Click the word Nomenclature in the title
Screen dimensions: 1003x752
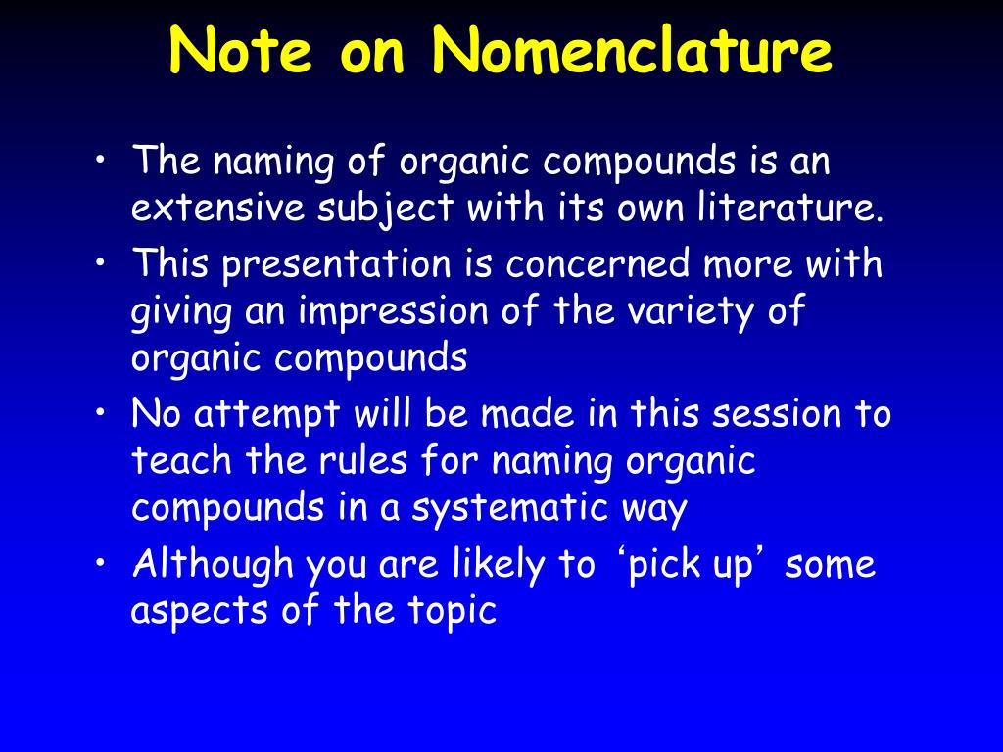(x=632, y=51)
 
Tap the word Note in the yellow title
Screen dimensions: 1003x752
(x=241, y=51)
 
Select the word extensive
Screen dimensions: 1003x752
(x=217, y=208)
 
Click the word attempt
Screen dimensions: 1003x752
(x=266, y=415)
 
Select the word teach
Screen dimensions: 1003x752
(x=181, y=460)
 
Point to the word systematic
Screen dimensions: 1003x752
(x=509, y=509)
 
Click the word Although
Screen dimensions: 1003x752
(x=213, y=565)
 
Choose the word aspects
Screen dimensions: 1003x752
(x=200, y=611)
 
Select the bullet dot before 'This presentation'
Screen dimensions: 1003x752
(x=100, y=262)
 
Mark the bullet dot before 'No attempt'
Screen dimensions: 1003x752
(x=100, y=413)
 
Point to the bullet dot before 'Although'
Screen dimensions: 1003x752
(x=100, y=563)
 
